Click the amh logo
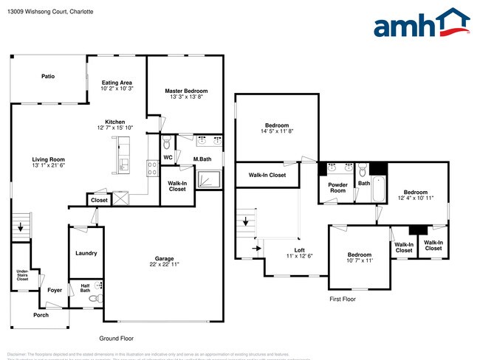coord(421,24)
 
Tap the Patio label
coord(48,76)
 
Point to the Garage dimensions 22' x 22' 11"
coord(164,264)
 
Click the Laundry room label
coord(86,254)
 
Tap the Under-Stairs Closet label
coord(22,277)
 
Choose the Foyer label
coord(55,290)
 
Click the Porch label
coord(41,315)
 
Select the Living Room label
coord(48,159)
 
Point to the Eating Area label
coord(117,83)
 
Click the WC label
coord(168,157)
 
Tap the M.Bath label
coord(203,159)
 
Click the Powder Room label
coord(337,187)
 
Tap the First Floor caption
coord(343,299)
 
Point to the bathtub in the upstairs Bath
coord(378,190)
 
